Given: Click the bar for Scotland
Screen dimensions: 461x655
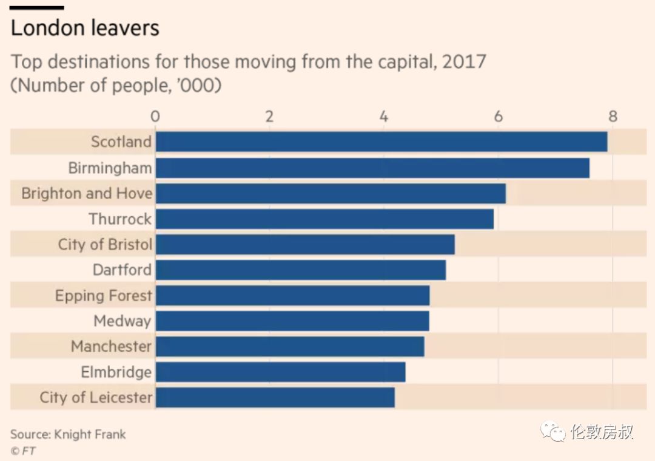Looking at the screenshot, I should coord(381,142).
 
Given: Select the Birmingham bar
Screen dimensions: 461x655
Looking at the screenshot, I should coord(372,168).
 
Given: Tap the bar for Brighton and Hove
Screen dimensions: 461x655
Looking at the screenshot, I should coord(331,193).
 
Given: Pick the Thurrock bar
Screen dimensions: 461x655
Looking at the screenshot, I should coord(324,219).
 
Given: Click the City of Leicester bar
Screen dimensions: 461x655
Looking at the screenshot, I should coord(275,397).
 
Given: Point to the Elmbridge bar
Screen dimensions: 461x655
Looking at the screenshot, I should coord(280,372).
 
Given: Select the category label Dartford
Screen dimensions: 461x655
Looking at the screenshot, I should coord(122,270).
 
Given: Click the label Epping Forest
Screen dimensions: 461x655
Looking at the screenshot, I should coord(103,296).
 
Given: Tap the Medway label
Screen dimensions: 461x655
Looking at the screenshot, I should coord(122,321).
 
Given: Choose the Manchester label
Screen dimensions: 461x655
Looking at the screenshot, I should coord(111,347).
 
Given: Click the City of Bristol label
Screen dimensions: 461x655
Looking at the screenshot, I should coord(105,244).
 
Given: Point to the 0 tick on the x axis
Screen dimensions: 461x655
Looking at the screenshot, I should coord(155,116).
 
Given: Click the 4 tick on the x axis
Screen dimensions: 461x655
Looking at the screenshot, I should coord(384,116).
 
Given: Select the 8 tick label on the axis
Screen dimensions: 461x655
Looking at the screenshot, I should coord(613,116).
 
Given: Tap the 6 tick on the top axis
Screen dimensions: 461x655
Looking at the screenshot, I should coord(498,116).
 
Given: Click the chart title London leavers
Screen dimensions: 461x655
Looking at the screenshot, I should coord(85,28).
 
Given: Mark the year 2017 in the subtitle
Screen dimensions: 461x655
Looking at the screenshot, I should coord(464,62).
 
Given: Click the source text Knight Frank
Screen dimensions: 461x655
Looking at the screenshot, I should coord(90,434).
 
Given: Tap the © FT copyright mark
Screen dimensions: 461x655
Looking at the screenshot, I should coord(23,451).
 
